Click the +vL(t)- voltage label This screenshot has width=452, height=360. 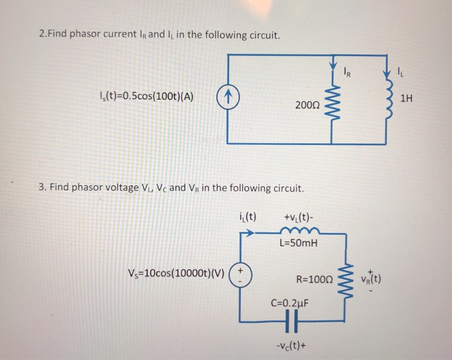click(x=297, y=217)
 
